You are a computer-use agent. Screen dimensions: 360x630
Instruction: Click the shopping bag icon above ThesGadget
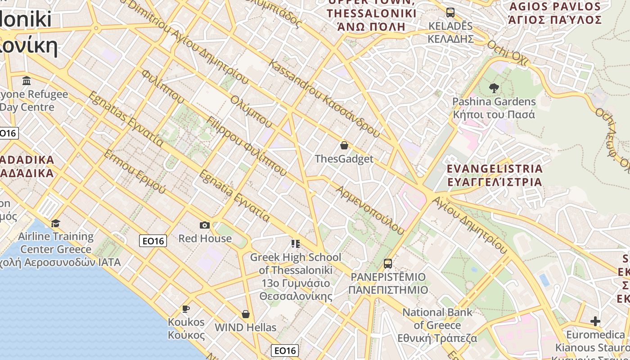click(344, 145)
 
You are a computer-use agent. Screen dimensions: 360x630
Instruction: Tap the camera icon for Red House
click(205, 225)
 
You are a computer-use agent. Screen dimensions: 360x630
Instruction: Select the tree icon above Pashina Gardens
click(494, 88)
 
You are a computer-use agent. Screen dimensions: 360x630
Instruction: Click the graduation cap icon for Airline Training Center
click(55, 223)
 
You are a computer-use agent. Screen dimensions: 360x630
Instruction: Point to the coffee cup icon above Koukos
click(185, 309)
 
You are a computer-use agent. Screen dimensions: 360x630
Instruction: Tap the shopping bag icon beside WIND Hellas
click(246, 314)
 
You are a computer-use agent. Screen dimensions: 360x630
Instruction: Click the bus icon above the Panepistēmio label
click(388, 264)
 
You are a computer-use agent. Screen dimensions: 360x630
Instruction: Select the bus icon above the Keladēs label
click(450, 12)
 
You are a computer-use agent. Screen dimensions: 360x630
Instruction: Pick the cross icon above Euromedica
click(595, 321)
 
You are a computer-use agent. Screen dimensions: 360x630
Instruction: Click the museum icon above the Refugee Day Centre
click(27, 81)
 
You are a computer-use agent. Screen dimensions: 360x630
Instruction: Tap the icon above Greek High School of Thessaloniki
click(295, 244)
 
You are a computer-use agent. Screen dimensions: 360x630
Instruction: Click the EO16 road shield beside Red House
click(153, 241)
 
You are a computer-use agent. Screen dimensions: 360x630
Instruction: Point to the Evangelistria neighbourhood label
click(494, 175)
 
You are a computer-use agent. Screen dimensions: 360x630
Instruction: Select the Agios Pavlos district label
click(555, 13)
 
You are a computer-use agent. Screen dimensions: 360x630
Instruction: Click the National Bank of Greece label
click(437, 325)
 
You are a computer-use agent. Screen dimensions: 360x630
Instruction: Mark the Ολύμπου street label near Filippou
click(251, 111)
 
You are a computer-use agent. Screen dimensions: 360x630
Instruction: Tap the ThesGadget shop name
click(344, 159)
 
